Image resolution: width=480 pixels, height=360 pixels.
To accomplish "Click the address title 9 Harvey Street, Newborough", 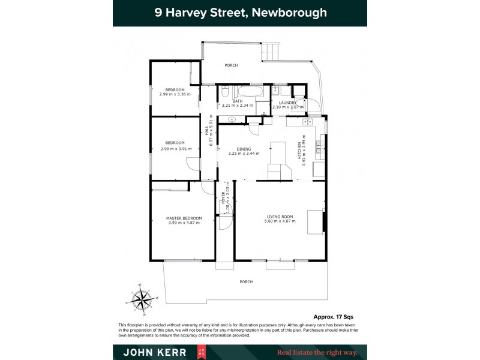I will click(240, 13).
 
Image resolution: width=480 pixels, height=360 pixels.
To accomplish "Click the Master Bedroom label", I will click(184, 218).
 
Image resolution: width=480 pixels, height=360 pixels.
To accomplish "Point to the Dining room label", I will click(244, 149).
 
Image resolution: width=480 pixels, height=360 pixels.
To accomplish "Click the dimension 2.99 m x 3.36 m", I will click(175, 94).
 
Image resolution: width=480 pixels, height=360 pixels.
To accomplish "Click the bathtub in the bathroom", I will click(245, 92).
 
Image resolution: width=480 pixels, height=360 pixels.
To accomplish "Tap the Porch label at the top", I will click(231, 65).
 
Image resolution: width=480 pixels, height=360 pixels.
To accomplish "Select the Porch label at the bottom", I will click(246, 281).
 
